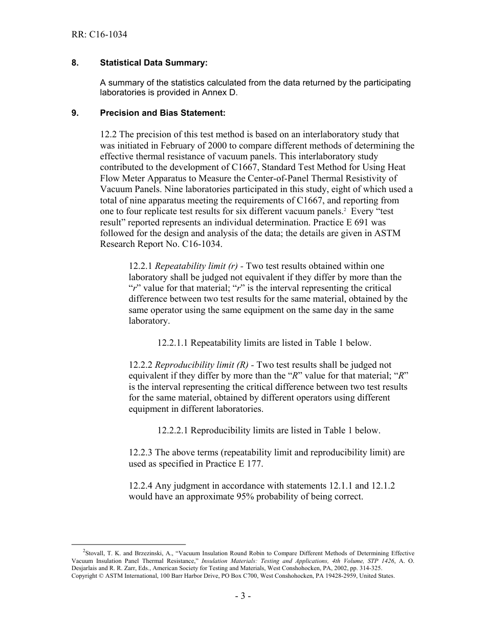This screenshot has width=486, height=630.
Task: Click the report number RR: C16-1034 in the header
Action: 99,35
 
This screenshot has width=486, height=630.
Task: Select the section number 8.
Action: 75,63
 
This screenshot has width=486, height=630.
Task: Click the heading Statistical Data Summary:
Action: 154,63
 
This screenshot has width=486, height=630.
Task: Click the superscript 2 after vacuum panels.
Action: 346,209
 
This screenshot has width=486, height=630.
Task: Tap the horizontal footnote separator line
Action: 128,544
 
